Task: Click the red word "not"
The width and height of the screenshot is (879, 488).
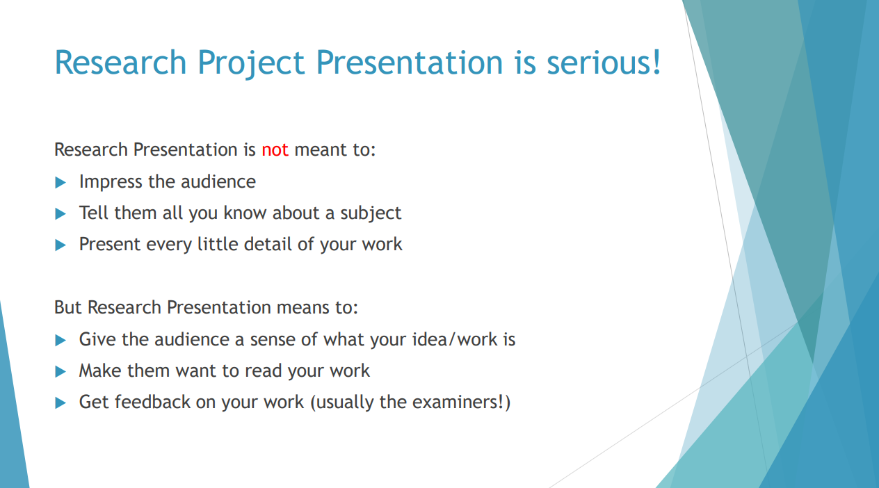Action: pyautogui.click(x=275, y=150)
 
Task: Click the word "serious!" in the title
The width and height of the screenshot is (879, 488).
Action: pyautogui.click(x=604, y=63)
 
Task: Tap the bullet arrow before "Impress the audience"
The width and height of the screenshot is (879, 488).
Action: pyautogui.click(x=61, y=182)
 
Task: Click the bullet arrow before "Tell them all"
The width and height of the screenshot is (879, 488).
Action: pyautogui.click(x=61, y=214)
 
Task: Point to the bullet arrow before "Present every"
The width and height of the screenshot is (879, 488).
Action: pyautogui.click(x=61, y=245)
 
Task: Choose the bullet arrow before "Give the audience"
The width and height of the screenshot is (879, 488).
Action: pyautogui.click(x=61, y=340)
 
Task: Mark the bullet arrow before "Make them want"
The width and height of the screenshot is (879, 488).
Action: pyautogui.click(x=61, y=371)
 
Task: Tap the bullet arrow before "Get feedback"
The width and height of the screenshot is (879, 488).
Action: pyautogui.click(x=61, y=403)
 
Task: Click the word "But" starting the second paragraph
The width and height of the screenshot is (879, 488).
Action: pyautogui.click(x=67, y=307)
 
